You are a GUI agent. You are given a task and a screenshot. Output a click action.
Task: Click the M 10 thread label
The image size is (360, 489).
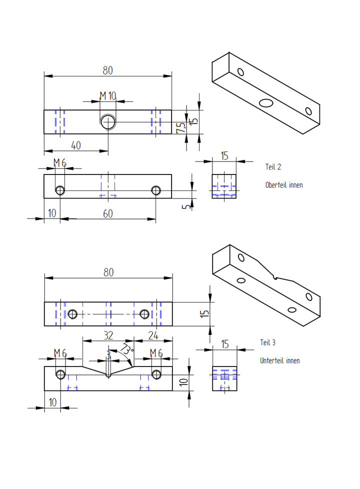tap(107, 95)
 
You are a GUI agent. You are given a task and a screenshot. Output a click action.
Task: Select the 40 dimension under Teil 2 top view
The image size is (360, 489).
tap(76, 145)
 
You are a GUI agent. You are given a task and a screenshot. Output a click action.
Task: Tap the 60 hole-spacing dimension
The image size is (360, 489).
tap(108, 213)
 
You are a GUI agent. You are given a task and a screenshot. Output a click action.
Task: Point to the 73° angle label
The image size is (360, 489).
tap(127, 348)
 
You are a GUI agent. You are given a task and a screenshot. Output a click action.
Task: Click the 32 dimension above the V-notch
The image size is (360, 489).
tap(108, 334)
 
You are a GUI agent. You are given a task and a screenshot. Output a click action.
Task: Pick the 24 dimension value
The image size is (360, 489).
tap(153, 334)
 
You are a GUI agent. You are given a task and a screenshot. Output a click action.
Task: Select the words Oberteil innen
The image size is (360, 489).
tap(284, 185)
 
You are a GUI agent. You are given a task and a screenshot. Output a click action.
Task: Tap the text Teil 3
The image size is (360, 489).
tap(267, 342)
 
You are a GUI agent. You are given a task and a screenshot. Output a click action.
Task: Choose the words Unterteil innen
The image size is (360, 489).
tap(279, 360)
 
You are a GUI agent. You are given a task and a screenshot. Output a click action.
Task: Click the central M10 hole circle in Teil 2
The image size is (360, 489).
tap(108, 121)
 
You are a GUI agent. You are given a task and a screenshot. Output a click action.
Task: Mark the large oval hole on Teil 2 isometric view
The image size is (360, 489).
tap(266, 103)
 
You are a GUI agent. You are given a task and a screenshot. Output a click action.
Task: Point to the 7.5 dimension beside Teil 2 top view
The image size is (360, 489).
tap(181, 127)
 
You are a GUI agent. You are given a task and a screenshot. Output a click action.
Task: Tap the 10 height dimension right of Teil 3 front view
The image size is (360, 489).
tap(184, 381)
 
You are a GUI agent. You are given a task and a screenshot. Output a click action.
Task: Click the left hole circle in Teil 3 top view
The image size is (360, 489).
tap(72, 314)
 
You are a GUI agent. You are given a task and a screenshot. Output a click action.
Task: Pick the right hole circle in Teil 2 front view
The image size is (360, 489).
tap(156, 190)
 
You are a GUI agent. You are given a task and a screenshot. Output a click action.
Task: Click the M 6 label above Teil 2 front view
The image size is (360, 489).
tap(60, 162)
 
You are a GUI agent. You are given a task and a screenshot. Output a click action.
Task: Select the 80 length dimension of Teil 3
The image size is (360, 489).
tap(108, 272)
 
